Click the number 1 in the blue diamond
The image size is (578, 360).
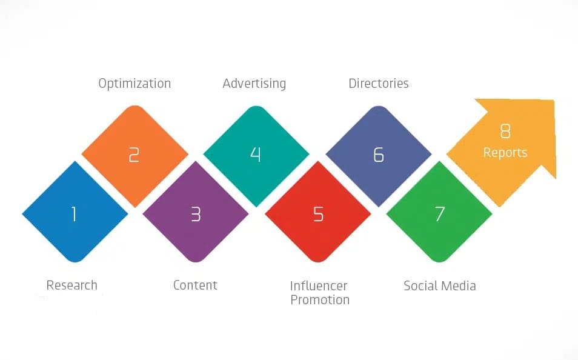coord(74,214)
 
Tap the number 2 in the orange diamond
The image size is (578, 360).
coord(134,155)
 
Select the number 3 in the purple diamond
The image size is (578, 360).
coord(196,214)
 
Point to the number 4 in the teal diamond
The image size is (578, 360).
coord(256,155)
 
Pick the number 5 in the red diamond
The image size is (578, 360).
coord(318,214)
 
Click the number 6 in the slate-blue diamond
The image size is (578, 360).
coord(379,155)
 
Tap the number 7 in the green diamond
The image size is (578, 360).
coord(439,214)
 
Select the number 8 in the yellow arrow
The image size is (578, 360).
coord(505,131)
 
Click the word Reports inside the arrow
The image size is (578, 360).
coord(505,153)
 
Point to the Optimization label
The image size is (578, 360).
coord(135,84)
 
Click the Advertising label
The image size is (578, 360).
coord(254,84)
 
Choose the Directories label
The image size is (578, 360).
coord(379,84)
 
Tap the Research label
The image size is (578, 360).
coord(72,285)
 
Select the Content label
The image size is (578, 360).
coord(195,285)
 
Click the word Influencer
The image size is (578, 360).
coord(319,286)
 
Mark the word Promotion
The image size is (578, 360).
coord(320,300)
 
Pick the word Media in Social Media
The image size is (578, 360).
coord(458,286)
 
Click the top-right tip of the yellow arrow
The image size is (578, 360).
coord(554,100)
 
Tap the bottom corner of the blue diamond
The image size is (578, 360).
coord(75,262)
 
